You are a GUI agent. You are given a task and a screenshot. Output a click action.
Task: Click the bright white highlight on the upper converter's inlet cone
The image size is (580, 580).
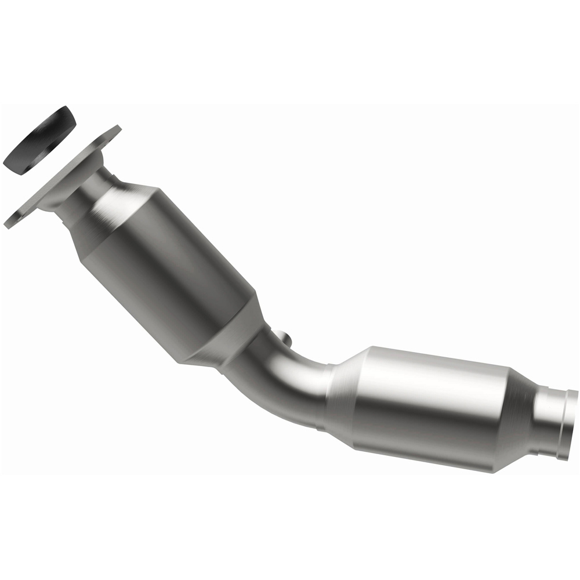tap(116, 197)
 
